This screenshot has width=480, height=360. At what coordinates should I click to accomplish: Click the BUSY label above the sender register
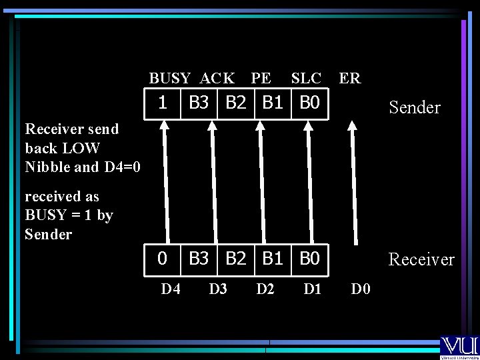(x=169, y=79)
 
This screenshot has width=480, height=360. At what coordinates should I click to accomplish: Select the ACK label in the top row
(x=217, y=79)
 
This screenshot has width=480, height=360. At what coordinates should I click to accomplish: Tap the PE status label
(x=261, y=79)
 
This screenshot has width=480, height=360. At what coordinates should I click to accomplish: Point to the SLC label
(x=306, y=79)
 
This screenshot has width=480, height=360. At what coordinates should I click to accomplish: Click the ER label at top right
(x=350, y=79)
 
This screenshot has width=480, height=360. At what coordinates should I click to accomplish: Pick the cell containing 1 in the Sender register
(x=162, y=103)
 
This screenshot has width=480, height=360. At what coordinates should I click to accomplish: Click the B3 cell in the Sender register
(x=199, y=103)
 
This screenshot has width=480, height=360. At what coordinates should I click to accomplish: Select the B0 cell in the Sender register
(x=310, y=103)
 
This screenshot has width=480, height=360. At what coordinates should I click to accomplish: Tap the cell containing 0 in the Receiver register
(x=162, y=259)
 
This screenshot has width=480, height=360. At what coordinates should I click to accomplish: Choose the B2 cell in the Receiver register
(x=236, y=259)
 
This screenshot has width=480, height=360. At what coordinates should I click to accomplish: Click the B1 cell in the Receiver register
(x=273, y=259)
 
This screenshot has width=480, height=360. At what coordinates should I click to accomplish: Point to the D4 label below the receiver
(x=171, y=289)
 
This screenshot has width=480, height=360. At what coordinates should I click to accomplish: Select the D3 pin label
(x=218, y=289)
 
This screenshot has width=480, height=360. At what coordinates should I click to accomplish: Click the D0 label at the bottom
(x=362, y=289)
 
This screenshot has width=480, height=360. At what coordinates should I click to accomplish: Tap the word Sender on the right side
(x=415, y=107)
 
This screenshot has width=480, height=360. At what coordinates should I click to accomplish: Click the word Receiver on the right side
(x=421, y=259)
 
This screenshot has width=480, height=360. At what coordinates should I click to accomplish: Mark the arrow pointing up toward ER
(x=354, y=187)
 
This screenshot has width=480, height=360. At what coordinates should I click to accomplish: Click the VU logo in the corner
(x=459, y=347)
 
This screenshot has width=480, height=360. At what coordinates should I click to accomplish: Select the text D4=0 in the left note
(x=123, y=167)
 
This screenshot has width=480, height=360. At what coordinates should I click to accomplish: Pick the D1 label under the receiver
(x=313, y=289)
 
